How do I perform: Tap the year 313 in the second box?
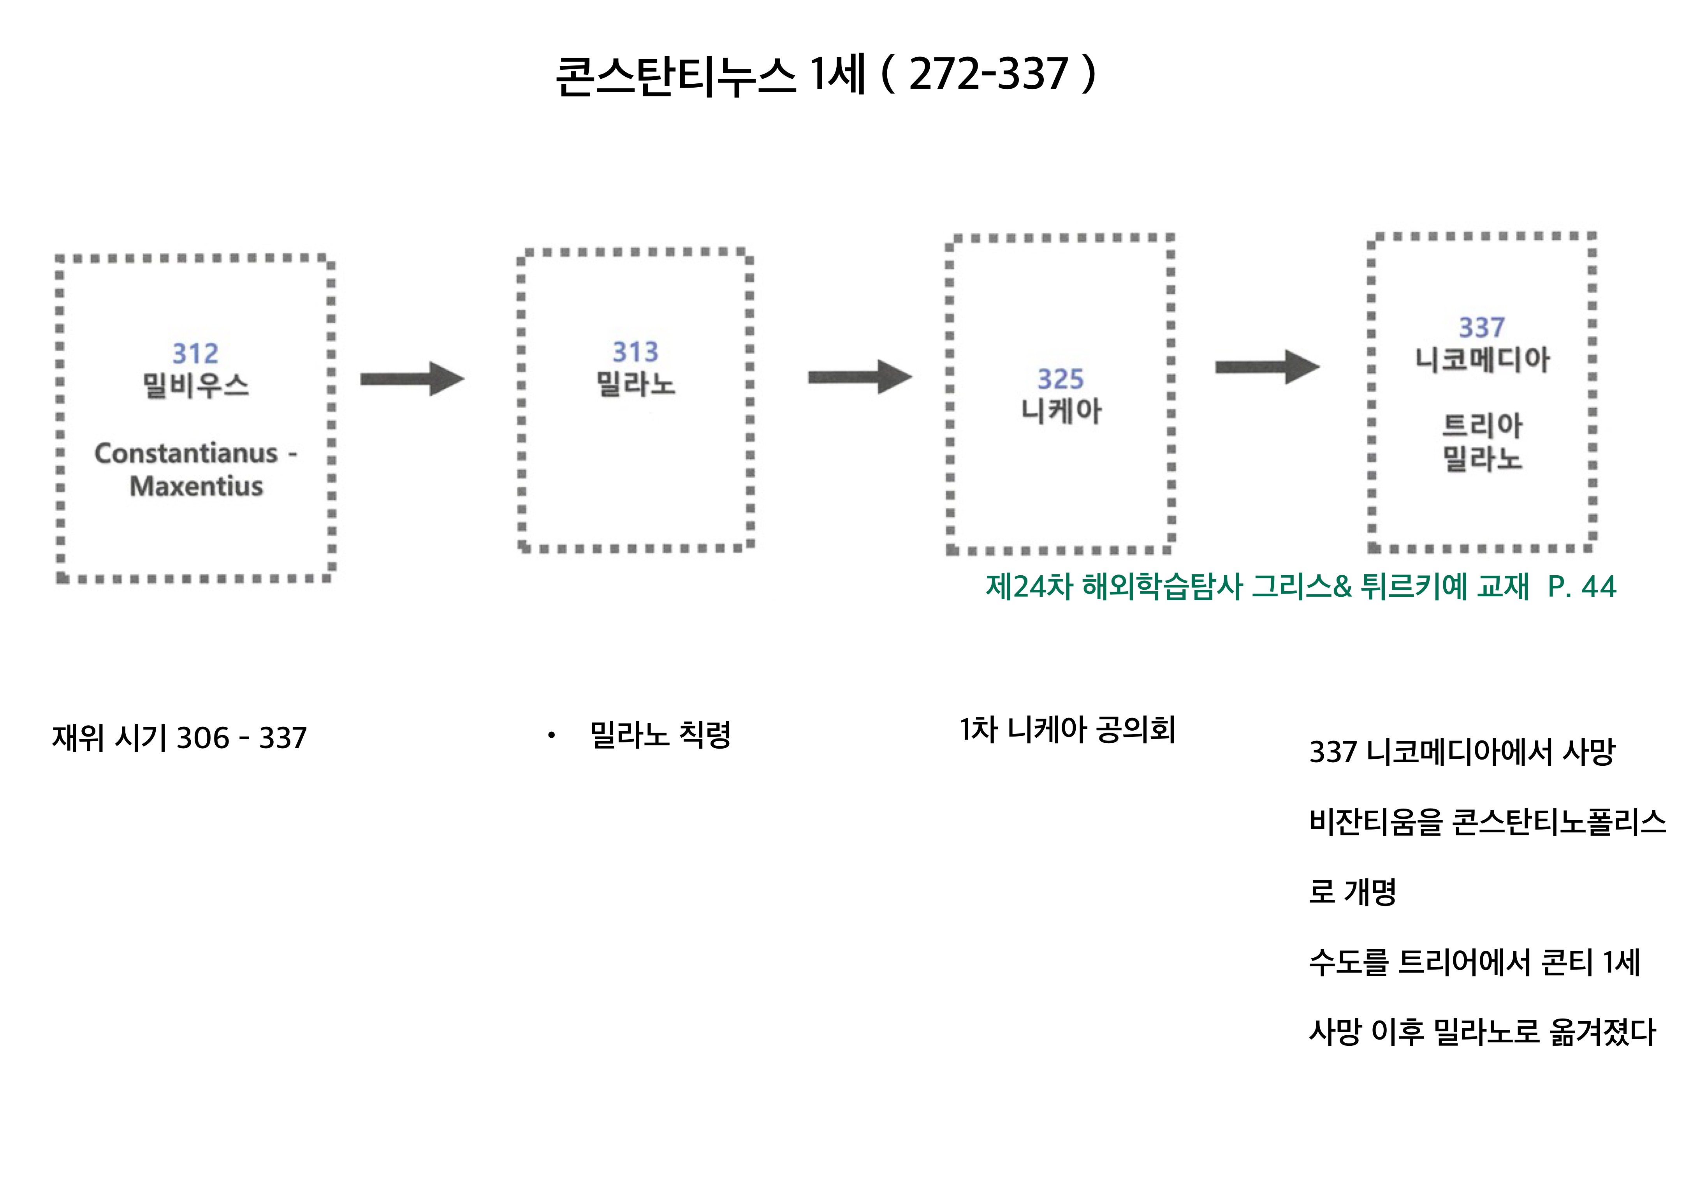click(635, 352)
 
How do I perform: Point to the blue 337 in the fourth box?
click(1481, 327)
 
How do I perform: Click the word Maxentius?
click(196, 486)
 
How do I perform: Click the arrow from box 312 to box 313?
click(412, 379)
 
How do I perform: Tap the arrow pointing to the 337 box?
click(1267, 367)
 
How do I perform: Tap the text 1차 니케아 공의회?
click(1067, 730)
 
